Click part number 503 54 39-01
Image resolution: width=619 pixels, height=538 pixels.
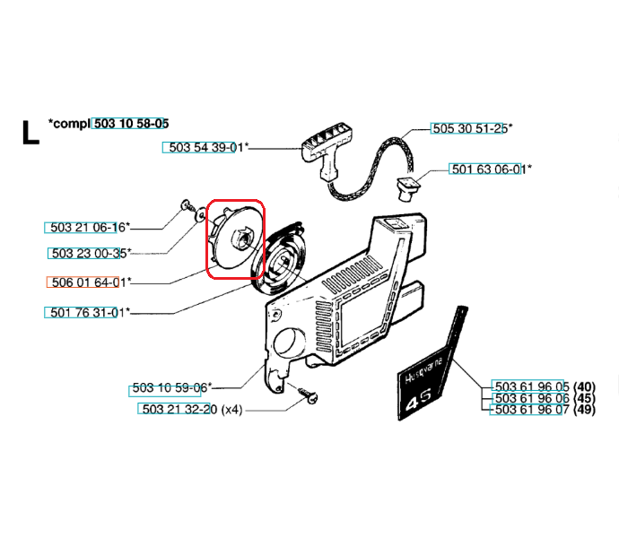[x=203, y=148]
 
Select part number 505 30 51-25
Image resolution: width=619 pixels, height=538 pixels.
[x=468, y=128]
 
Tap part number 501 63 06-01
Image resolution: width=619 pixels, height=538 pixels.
[x=487, y=169]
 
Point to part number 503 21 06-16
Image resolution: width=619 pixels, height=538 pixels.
[x=86, y=227]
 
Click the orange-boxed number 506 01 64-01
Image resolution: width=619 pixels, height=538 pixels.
[x=86, y=282]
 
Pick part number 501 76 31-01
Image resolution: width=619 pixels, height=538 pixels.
[x=85, y=312]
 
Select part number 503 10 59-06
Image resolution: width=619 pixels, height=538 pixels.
[x=170, y=388]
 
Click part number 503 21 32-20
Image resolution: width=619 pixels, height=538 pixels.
[x=179, y=409]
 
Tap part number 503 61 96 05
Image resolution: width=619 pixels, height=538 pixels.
[x=530, y=387]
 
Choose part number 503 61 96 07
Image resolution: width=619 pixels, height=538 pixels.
[x=530, y=410]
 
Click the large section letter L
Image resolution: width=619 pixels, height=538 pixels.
[x=30, y=132]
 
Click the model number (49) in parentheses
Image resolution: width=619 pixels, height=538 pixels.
[x=585, y=410]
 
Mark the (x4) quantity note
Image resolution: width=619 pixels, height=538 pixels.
[x=231, y=409]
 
